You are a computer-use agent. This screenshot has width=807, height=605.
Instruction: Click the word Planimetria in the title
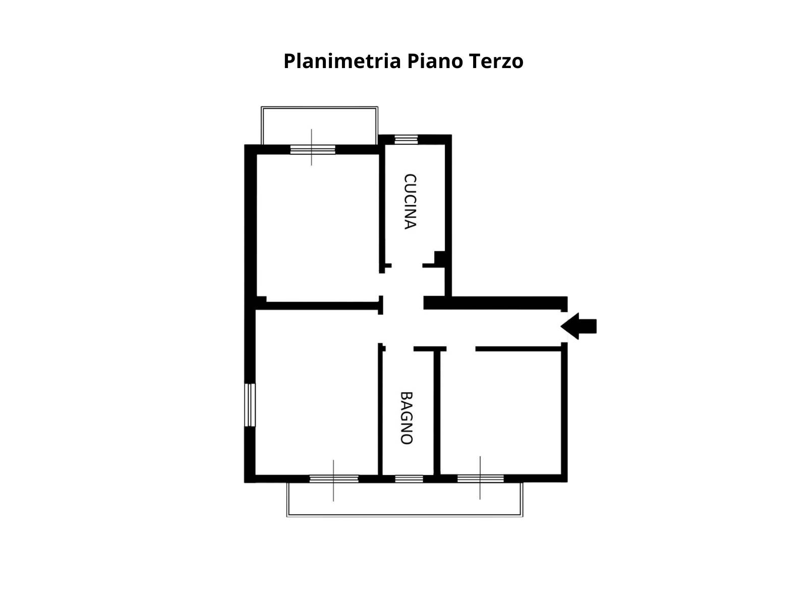[342, 61]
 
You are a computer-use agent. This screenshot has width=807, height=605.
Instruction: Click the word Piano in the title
[435, 61]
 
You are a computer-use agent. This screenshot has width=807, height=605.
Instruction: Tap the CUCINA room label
[410, 201]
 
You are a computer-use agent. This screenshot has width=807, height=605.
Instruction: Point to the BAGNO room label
[406, 418]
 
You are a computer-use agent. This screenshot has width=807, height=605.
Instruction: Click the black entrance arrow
[579, 326]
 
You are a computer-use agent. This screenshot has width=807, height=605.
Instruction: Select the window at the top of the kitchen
[406, 140]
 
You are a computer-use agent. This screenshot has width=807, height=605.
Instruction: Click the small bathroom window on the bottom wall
[409, 478]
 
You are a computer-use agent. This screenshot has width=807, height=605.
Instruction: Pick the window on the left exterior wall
[250, 405]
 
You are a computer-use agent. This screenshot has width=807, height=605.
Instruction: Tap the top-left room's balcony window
[313, 150]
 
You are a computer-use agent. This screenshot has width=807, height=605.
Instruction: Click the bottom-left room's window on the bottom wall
[334, 478]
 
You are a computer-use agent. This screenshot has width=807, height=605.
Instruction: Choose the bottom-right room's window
[480, 478]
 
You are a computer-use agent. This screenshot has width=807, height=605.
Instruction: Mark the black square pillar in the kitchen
[440, 257]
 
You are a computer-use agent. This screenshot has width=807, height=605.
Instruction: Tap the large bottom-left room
[317, 392]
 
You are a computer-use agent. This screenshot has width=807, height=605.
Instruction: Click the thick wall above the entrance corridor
[495, 302]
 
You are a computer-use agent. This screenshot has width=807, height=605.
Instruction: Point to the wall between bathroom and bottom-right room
[437, 413]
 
